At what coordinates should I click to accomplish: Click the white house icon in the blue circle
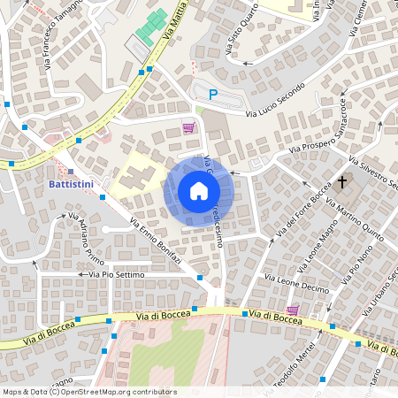pyautogui.click(x=199, y=191)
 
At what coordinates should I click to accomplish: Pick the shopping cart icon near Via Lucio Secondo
pyautogui.click(x=188, y=127)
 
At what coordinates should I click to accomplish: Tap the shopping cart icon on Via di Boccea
pyautogui.click(x=292, y=310)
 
